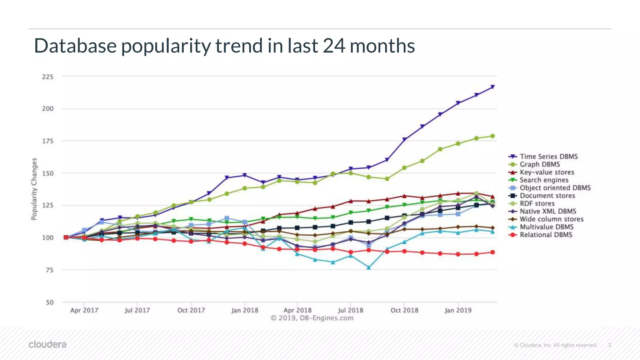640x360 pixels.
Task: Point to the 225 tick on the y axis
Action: [x=48, y=77]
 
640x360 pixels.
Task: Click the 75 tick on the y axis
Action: [x=50, y=270]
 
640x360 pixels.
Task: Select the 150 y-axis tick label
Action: [x=48, y=173]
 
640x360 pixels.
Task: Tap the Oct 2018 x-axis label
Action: [x=404, y=310]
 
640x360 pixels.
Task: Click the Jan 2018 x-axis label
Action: [x=245, y=310]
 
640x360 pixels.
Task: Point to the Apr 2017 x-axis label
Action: [x=84, y=310]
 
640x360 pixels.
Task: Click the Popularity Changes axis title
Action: [x=34, y=189]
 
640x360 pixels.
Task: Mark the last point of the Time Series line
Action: [x=492, y=87]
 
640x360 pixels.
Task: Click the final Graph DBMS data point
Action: [x=492, y=136]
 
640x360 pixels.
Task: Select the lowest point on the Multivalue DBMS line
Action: [x=369, y=267]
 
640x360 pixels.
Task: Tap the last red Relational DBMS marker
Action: [x=492, y=252]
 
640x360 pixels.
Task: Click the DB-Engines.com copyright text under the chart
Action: [x=312, y=318]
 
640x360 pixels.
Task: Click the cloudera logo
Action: [x=47, y=344]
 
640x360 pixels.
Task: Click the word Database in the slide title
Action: [x=75, y=46]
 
